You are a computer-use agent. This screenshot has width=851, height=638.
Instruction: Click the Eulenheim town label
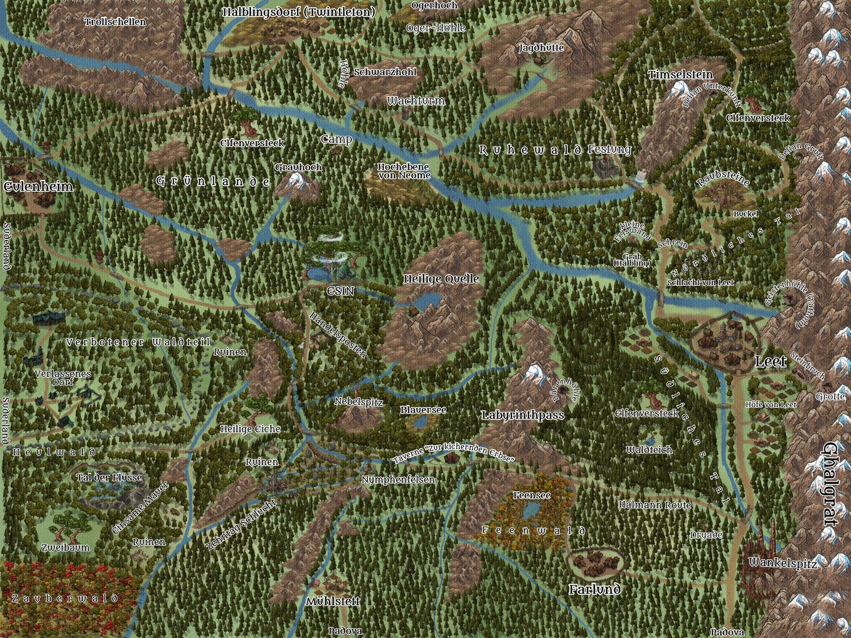click(38, 187)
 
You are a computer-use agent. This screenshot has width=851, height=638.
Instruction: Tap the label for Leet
click(771, 362)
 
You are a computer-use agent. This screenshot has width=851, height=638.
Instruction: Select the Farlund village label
click(594, 589)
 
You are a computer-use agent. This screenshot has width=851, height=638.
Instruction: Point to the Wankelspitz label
click(782, 563)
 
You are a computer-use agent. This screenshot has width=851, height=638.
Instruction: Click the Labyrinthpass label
click(522, 415)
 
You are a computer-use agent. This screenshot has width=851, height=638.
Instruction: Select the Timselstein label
click(680, 75)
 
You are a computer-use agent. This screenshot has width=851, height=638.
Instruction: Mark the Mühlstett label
click(333, 602)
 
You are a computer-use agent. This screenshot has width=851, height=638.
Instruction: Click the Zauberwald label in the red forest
click(64, 599)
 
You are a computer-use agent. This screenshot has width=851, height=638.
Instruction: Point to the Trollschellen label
click(115, 22)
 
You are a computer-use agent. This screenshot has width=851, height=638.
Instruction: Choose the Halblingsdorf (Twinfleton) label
click(299, 12)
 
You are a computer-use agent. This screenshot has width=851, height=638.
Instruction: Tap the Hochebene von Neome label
click(404, 171)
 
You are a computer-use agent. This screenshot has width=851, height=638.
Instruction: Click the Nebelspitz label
click(358, 402)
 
